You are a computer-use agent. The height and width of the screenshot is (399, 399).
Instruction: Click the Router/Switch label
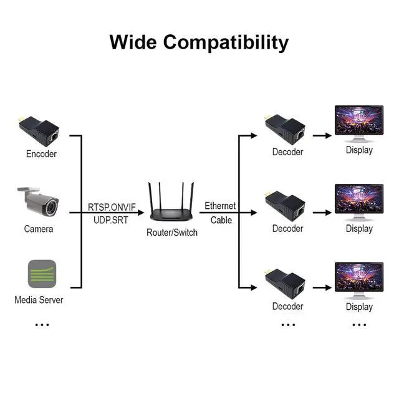pyautogui.click(x=171, y=233)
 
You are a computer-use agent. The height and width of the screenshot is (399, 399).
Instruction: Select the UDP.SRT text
pyautogui.click(x=111, y=220)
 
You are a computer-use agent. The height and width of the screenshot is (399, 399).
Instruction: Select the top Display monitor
pyautogui.click(x=359, y=123)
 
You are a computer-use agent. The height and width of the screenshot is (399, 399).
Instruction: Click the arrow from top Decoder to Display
pyautogui.click(x=322, y=135)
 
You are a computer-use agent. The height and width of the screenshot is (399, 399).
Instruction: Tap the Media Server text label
pyautogui.click(x=39, y=300)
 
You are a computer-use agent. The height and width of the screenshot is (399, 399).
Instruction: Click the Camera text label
pyautogui.click(x=39, y=229)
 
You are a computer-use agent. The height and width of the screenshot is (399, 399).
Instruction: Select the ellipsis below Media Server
pyautogui.click(x=42, y=324)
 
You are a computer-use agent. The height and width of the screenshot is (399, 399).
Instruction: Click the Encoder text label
pyautogui.click(x=41, y=154)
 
